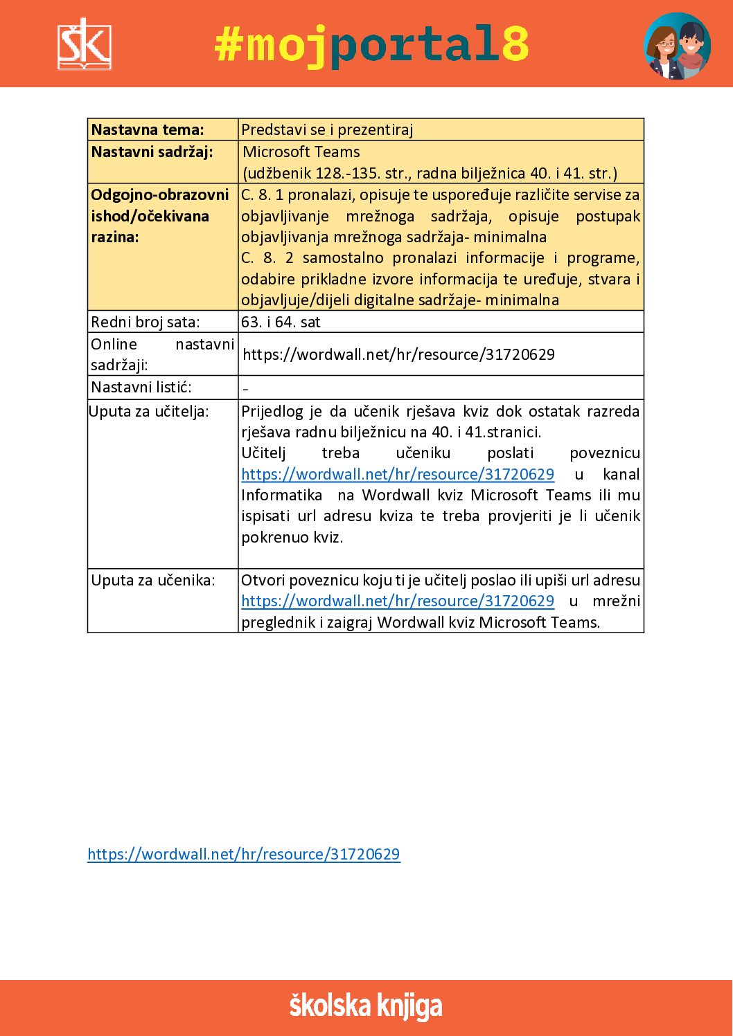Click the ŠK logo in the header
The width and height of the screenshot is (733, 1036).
[x=84, y=44]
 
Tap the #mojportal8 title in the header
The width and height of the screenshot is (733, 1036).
[x=371, y=45]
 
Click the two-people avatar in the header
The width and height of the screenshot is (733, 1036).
[x=677, y=46]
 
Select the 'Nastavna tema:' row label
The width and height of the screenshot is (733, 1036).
[x=148, y=129]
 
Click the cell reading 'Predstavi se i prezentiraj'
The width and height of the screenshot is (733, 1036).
[x=327, y=129]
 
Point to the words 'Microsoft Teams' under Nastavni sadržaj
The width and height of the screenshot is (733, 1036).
[x=301, y=152]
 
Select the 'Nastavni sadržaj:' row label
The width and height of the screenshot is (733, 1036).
[x=152, y=152]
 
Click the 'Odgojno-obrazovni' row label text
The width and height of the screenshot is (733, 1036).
[x=159, y=194]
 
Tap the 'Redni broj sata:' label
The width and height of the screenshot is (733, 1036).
[x=145, y=322]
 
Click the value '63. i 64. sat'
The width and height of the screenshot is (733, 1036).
[x=281, y=322]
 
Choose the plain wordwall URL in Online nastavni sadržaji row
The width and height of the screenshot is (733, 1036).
[x=398, y=354]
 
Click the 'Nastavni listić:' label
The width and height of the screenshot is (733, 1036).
[x=141, y=387]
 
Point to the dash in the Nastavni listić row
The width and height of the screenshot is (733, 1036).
[x=245, y=389]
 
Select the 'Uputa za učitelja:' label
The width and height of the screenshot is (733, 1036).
[x=148, y=411]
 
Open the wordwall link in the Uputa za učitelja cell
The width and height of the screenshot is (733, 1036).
[x=398, y=474]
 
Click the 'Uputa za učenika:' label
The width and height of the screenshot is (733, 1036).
[x=152, y=580]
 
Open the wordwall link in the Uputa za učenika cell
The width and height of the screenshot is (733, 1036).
[x=398, y=601]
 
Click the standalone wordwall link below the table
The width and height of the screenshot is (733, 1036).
[x=244, y=854]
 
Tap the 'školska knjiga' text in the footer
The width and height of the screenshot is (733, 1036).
[x=366, y=1006]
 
